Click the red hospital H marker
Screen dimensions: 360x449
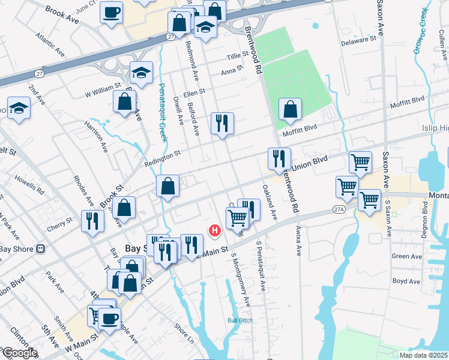[x=214, y=230]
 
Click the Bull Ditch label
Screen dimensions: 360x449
[x=240, y=320]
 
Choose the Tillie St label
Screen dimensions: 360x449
[x=237, y=55]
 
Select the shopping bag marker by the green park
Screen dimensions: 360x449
[x=290, y=109]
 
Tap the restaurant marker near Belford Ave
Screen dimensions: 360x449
[x=222, y=124]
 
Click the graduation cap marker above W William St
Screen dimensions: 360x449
[x=141, y=73]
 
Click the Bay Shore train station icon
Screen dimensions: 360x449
[x=41, y=248]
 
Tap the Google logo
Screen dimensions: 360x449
[x=19, y=353]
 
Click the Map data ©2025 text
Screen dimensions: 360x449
[x=423, y=355]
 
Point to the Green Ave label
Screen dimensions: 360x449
[x=403, y=256]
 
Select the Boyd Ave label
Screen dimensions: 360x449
[x=405, y=281]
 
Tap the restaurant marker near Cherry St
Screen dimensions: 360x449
[x=92, y=221]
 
